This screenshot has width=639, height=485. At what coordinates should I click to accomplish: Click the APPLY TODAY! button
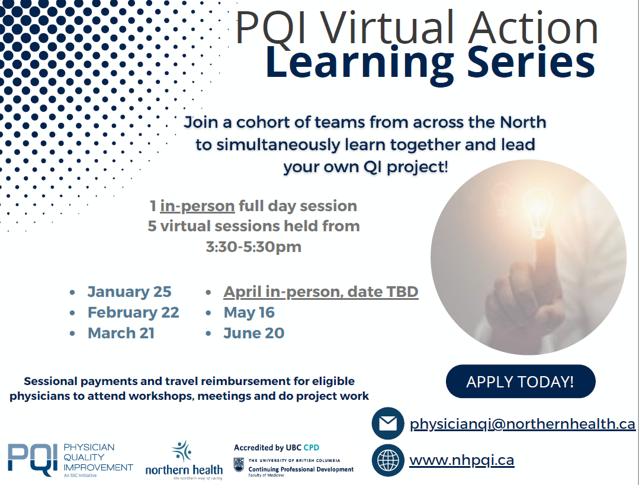[521, 381]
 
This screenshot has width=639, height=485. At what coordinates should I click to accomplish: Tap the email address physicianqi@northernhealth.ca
[522, 424]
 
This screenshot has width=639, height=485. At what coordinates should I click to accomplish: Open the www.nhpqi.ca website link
[462, 460]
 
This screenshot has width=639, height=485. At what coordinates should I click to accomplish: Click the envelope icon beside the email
[387, 423]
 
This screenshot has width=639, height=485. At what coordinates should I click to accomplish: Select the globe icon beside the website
[387, 461]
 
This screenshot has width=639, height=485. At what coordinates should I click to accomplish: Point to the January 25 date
[129, 292]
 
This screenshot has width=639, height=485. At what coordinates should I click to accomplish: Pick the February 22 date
[133, 312]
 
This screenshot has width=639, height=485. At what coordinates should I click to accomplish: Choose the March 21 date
[121, 333]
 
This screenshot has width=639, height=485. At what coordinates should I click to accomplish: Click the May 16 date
[249, 312]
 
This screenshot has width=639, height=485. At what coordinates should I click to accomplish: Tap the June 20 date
[254, 333]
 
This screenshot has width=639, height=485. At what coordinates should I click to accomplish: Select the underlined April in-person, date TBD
[321, 292]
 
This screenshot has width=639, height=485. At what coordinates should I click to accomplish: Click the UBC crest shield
[239, 465]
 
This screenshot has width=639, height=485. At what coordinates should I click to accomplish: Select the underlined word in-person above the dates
[197, 206]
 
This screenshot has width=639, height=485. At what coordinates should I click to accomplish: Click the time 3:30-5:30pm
[253, 247]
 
